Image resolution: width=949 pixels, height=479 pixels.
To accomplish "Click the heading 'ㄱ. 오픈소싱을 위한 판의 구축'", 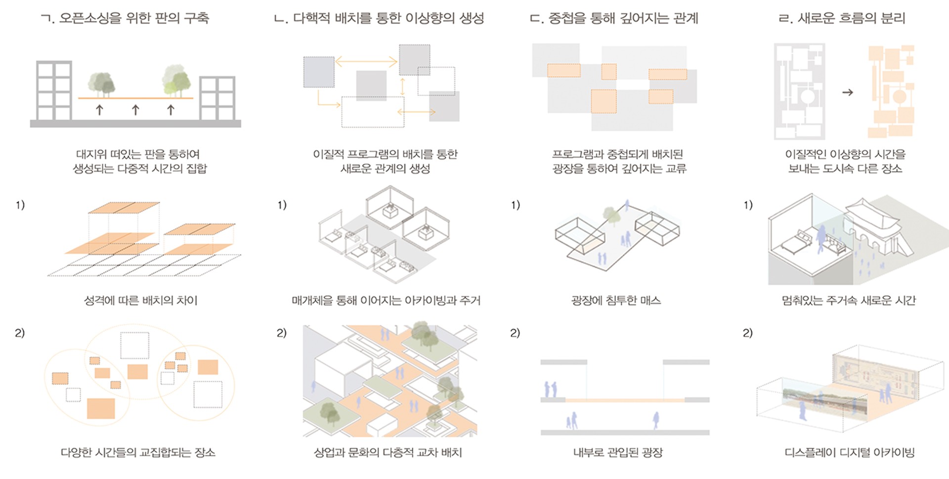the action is click(125, 18).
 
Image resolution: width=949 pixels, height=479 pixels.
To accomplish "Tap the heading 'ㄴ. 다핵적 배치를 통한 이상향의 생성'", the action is click(379, 18).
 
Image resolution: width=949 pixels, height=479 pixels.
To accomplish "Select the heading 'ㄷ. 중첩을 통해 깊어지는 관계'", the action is click(614, 18).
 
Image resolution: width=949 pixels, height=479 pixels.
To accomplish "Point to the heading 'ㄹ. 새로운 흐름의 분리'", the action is click(842, 18).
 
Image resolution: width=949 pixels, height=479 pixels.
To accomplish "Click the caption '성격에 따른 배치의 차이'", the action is click(141, 301).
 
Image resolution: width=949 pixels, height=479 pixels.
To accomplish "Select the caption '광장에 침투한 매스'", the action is click(616, 301).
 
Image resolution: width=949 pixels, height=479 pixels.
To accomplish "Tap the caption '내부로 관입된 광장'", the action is click(618, 452).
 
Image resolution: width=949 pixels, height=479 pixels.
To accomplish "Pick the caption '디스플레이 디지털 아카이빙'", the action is click(849, 452).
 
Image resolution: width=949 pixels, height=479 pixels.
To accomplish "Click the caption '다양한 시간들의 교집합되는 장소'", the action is click(138, 452).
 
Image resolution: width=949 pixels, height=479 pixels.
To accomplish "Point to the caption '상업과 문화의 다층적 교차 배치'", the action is click(388, 452).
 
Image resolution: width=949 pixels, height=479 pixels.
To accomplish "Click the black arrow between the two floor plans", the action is click(847, 92).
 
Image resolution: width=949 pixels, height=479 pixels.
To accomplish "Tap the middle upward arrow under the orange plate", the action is click(135, 109).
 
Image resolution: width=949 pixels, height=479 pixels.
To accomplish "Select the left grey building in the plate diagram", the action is click(54, 91).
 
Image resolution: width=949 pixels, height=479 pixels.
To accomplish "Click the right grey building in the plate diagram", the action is click(217, 98).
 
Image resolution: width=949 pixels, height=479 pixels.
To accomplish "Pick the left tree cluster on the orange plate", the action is click(101, 85).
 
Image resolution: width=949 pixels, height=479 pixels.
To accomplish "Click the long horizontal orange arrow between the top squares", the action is click(366, 62).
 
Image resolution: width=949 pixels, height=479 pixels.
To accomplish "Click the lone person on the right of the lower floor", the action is click(656, 421).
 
